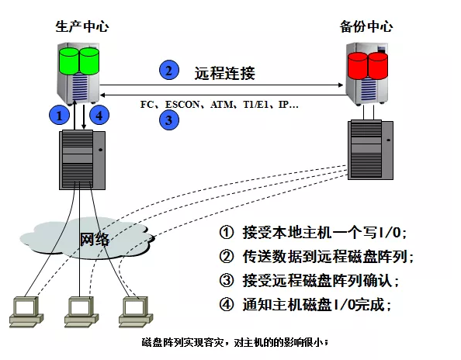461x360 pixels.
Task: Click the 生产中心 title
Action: pyautogui.click(x=82, y=26)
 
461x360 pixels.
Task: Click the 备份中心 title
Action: pyautogui.click(x=366, y=26)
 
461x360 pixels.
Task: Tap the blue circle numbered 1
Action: pyautogui.click(x=59, y=115)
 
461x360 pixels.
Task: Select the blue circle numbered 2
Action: pyautogui.click(x=169, y=71)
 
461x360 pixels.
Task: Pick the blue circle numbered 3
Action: pyautogui.click(x=169, y=120)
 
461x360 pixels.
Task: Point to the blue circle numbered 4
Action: pyautogui.click(x=99, y=115)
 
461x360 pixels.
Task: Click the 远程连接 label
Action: pyautogui.click(x=224, y=73)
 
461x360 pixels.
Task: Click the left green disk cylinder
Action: pyautogui.click(x=69, y=61)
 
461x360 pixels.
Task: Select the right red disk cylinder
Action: pyautogui.click(x=378, y=66)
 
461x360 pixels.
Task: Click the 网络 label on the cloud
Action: pyautogui.click(x=95, y=240)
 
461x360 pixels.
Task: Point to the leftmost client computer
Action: pyautogui.click(x=26, y=312)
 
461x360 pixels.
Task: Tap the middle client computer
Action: pyautogui.click(x=81, y=312)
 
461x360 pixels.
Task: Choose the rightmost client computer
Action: pyautogui.click(x=136, y=312)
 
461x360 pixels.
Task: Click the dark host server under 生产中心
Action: pyautogui.click(x=82, y=160)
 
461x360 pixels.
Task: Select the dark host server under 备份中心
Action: pyautogui.click(x=370, y=150)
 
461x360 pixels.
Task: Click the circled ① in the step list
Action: pyautogui.click(x=227, y=233)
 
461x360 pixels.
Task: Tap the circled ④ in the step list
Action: pyautogui.click(x=227, y=304)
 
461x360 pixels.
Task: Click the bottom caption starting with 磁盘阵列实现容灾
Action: pyautogui.click(x=235, y=343)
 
